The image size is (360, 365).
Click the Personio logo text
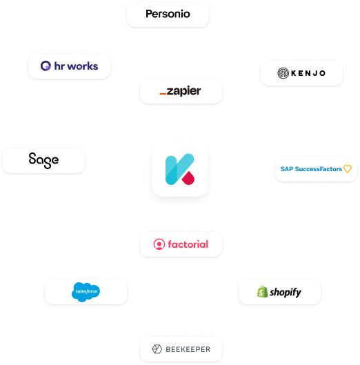(168, 14)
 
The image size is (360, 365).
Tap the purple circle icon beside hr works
(46, 66)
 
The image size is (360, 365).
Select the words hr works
(76, 66)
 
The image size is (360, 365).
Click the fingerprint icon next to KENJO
(283, 73)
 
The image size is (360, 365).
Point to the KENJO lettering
(308, 73)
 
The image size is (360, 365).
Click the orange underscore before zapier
(163, 94)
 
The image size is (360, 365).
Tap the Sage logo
(43, 160)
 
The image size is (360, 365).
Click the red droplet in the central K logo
(188, 178)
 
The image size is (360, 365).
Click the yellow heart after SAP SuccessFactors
(348, 168)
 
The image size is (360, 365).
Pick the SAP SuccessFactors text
(311, 169)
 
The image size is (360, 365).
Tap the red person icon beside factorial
(159, 244)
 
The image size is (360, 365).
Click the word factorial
(188, 244)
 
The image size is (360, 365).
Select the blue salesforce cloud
(86, 292)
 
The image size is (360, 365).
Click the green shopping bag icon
(263, 292)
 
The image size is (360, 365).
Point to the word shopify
(286, 293)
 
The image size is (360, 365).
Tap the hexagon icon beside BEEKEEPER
(157, 349)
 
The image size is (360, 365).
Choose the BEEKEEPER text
(188, 349)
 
